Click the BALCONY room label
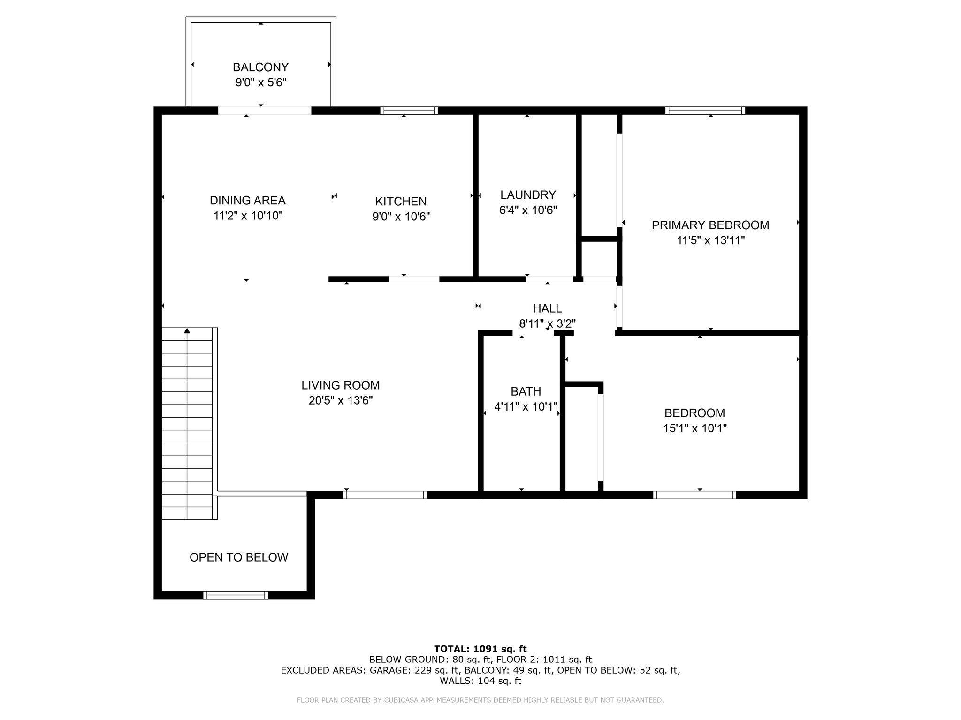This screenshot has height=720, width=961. [260, 67]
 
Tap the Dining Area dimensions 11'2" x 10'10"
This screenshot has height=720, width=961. [248, 216]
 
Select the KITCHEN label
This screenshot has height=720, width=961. [401, 202]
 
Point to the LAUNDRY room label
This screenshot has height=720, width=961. [528, 195]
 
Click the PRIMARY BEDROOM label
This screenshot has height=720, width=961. [710, 225]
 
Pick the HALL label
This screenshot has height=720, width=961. [547, 308]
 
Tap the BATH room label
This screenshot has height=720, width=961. [526, 391]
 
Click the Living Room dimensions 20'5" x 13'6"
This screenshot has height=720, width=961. [341, 401]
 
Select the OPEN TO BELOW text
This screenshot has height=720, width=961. [239, 557]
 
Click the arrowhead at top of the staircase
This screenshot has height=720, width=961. [187, 331]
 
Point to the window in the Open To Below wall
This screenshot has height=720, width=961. [236, 595]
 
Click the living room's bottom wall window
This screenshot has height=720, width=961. [385, 495]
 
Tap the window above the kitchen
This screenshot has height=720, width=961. [409, 111]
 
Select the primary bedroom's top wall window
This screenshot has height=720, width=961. [705, 111]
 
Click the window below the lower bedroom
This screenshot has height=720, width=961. [694, 495]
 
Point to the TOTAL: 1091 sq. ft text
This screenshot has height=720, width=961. [480, 649]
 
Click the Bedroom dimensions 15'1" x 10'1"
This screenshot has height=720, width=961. [695, 428]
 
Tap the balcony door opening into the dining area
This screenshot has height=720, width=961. [265, 111]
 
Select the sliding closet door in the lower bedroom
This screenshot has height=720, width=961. [600, 438]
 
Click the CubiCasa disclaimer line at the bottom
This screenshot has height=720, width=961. [480, 700]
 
